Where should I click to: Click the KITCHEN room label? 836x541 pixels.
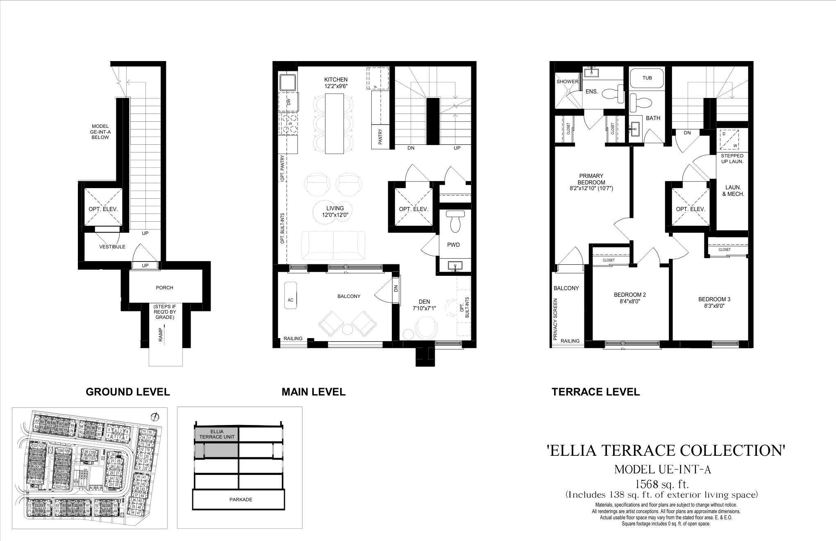pos(336,80)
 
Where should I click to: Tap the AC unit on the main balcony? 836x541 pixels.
pos(291,300)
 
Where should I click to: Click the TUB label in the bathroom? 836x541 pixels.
pos(647,78)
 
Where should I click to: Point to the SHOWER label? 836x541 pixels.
pos(567,82)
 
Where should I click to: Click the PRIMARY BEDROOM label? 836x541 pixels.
pos(591,179)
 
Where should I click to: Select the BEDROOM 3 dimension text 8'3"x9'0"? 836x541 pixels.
pos(714,305)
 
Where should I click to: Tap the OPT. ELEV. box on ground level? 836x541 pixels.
pos(103,209)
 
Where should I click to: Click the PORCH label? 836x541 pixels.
pos(164,288)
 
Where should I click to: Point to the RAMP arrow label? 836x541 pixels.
pos(161,333)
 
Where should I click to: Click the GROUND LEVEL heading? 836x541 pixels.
pos(127,392)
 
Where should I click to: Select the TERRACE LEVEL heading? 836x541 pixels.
pos(595,392)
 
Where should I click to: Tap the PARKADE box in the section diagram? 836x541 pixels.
pos(241,500)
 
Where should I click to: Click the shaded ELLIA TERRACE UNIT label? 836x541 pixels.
pos(216,434)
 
